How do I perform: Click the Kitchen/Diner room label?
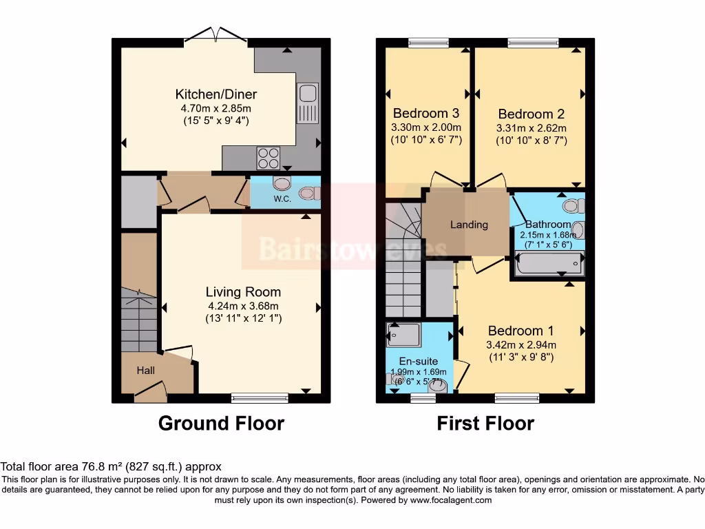pos(215,94)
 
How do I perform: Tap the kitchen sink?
pos(308,103)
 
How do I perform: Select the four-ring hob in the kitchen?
pos(269,158)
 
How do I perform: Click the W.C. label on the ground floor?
pos(282,200)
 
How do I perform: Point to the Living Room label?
pos(243,292)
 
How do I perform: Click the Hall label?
pos(145,371)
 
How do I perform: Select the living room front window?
pos(260,397)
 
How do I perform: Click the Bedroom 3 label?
pos(425,113)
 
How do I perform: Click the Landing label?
pos(469,225)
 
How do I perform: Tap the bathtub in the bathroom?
pos(548,264)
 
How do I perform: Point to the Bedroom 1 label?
pos(520,331)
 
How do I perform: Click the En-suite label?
pos(419,361)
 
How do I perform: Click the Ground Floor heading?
pos(221,423)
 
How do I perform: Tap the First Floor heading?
pos(485,423)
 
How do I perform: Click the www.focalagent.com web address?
pos(450,500)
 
